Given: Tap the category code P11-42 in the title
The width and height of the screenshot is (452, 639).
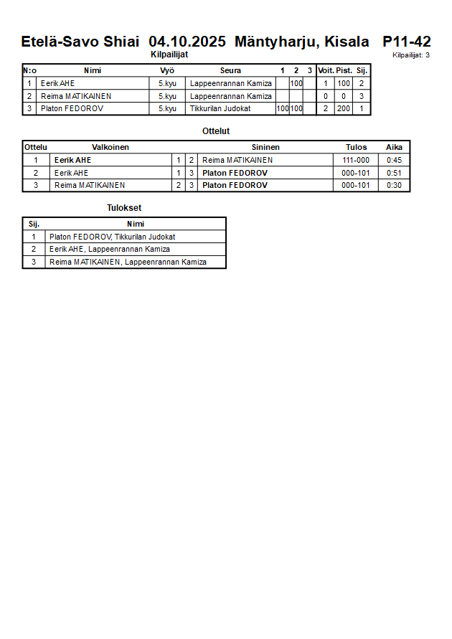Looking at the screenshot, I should pyautogui.click(x=406, y=42).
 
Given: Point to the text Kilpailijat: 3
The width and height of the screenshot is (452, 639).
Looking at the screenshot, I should pyautogui.click(x=411, y=55).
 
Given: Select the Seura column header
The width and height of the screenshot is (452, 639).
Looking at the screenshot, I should pyautogui.click(x=230, y=70).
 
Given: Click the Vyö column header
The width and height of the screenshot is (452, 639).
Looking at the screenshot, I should pyautogui.click(x=167, y=70).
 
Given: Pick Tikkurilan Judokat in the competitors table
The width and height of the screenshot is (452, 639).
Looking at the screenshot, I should pyautogui.click(x=220, y=109).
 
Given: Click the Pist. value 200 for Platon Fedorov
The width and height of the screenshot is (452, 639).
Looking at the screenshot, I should pyautogui.click(x=344, y=109).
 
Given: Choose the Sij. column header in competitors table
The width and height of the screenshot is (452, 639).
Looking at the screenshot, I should pyautogui.click(x=362, y=70).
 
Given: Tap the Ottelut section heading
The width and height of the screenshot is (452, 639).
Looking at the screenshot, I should pyautogui.click(x=216, y=131).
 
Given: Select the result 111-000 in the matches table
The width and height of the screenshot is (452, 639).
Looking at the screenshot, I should pyautogui.click(x=356, y=160).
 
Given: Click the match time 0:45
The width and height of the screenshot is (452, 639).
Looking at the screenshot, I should pyautogui.click(x=394, y=160).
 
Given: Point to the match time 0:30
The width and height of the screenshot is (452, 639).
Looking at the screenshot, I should pyautogui.click(x=394, y=185).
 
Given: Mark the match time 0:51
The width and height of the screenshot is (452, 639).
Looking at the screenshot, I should pyautogui.click(x=394, y=173).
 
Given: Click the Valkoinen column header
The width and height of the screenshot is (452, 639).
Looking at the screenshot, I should pyautogui.click(x=110, y=147).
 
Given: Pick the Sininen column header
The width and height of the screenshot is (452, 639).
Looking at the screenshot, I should pyautogui.click(x=265, y=147).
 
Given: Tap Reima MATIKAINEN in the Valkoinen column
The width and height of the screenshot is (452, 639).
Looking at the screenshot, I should pyautogui.click(x=90, y=185).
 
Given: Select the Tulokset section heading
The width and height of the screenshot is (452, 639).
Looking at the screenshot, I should pyautogui.click(x=124, y=208).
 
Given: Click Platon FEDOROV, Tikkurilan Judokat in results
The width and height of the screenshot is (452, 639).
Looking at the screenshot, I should pyautogui.click(x=113, y=237).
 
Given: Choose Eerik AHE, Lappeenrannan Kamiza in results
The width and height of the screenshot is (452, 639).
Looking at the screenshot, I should pyautogui.click(x=110, y=250).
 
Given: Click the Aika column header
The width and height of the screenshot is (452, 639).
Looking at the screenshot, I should pyautogui.click(x=394, y=147).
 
